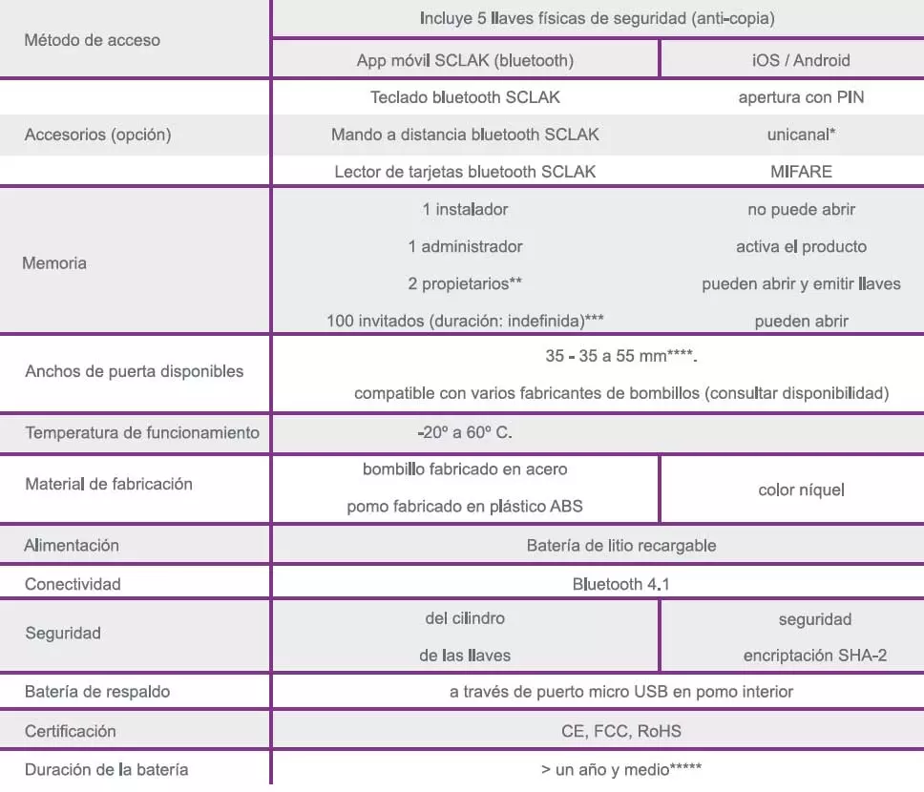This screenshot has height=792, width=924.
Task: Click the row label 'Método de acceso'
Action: tap(93, 40)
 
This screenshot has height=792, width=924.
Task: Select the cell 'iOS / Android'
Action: tap(801, 60)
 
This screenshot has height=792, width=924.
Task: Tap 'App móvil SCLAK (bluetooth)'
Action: tap(465, 60)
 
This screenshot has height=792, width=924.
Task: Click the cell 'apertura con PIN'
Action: tap(801, 97)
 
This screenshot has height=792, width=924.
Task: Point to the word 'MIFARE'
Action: tap(801, 172)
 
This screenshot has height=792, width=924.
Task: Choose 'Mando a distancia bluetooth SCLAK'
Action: tap(465, 135)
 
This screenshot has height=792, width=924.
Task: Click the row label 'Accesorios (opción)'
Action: tap(97, 135)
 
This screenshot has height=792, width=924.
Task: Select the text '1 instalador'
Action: tap(465, 209)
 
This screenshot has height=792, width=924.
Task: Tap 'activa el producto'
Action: tap(801, 246)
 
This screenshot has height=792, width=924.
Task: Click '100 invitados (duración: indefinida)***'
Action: tap(465, 321)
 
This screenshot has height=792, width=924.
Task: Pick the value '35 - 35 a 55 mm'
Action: tap(611, 357)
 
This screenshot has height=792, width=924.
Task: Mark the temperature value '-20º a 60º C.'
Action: tap(465, 432)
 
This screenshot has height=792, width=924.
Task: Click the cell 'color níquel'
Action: tap(801, 490)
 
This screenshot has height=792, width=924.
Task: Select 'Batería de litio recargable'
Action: tap(620, 546)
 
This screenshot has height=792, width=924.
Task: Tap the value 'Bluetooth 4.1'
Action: tap(620, 584)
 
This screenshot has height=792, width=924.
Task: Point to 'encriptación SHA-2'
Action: tap(814, 656)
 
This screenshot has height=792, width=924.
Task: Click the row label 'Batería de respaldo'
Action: tap(99, 691)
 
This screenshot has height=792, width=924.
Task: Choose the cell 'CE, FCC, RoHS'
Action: tap(620, 731)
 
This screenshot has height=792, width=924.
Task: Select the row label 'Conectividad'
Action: tap(73, 584)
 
